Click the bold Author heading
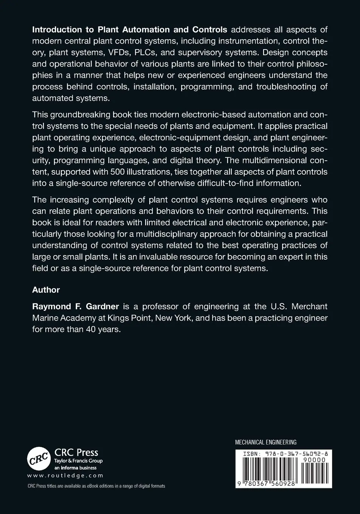click(46, 290)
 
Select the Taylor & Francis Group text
click(79, 461)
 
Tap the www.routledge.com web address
click(65, 476)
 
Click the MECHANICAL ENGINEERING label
click(266, 442)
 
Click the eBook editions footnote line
click(96, 486)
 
